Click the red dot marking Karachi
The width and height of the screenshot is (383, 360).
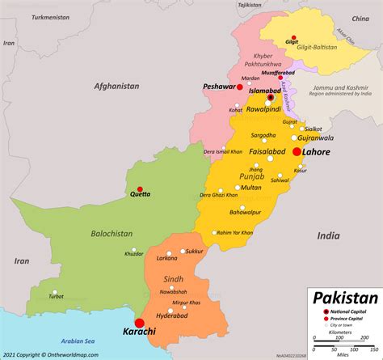pos(140,324)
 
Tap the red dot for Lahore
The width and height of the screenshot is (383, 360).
pos(297,151)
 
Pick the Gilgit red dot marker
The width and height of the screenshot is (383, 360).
pos(293,37)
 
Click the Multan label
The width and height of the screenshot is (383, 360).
pos(251,188)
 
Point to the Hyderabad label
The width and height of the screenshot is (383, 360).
pos(172,317)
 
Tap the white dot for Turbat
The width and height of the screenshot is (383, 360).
pos(55,293)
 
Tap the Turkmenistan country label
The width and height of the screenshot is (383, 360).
pos(42,16)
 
